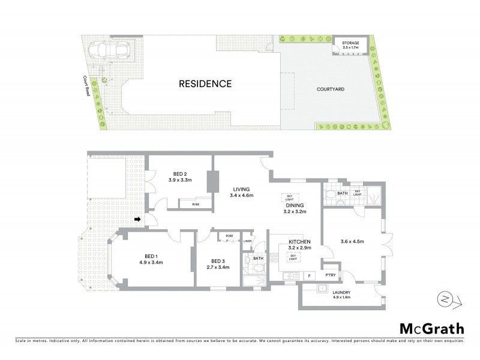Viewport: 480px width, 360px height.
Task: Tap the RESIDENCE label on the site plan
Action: (x=205, y=84)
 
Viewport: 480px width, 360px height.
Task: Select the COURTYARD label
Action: (x=331, y=89)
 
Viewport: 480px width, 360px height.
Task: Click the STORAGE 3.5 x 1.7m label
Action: (x=350, y=46)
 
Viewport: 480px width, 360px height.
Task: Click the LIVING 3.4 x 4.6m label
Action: (x=242, y=191)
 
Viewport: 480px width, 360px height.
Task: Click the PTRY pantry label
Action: (x=329, y=275)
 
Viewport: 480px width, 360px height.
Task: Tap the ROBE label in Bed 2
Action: (x=196, y=205)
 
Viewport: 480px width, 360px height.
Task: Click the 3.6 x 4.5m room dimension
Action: (x=352, y=241)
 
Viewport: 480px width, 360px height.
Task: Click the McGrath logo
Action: (x=431, y=328)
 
